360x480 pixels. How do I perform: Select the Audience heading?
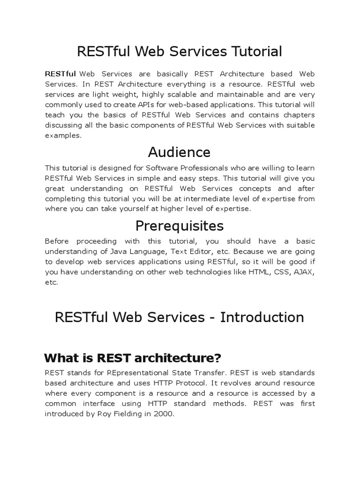(x=180, y=152)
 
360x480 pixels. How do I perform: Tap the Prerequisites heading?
(x=180, y=226)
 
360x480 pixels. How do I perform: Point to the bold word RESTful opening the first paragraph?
(x=60, y=74)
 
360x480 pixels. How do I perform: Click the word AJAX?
(x=304, y=272)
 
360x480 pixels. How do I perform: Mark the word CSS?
(x=280, y=272)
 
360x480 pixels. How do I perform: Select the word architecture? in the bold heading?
(x=177, y=358)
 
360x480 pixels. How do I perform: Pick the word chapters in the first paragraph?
(x=298, y=115)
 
